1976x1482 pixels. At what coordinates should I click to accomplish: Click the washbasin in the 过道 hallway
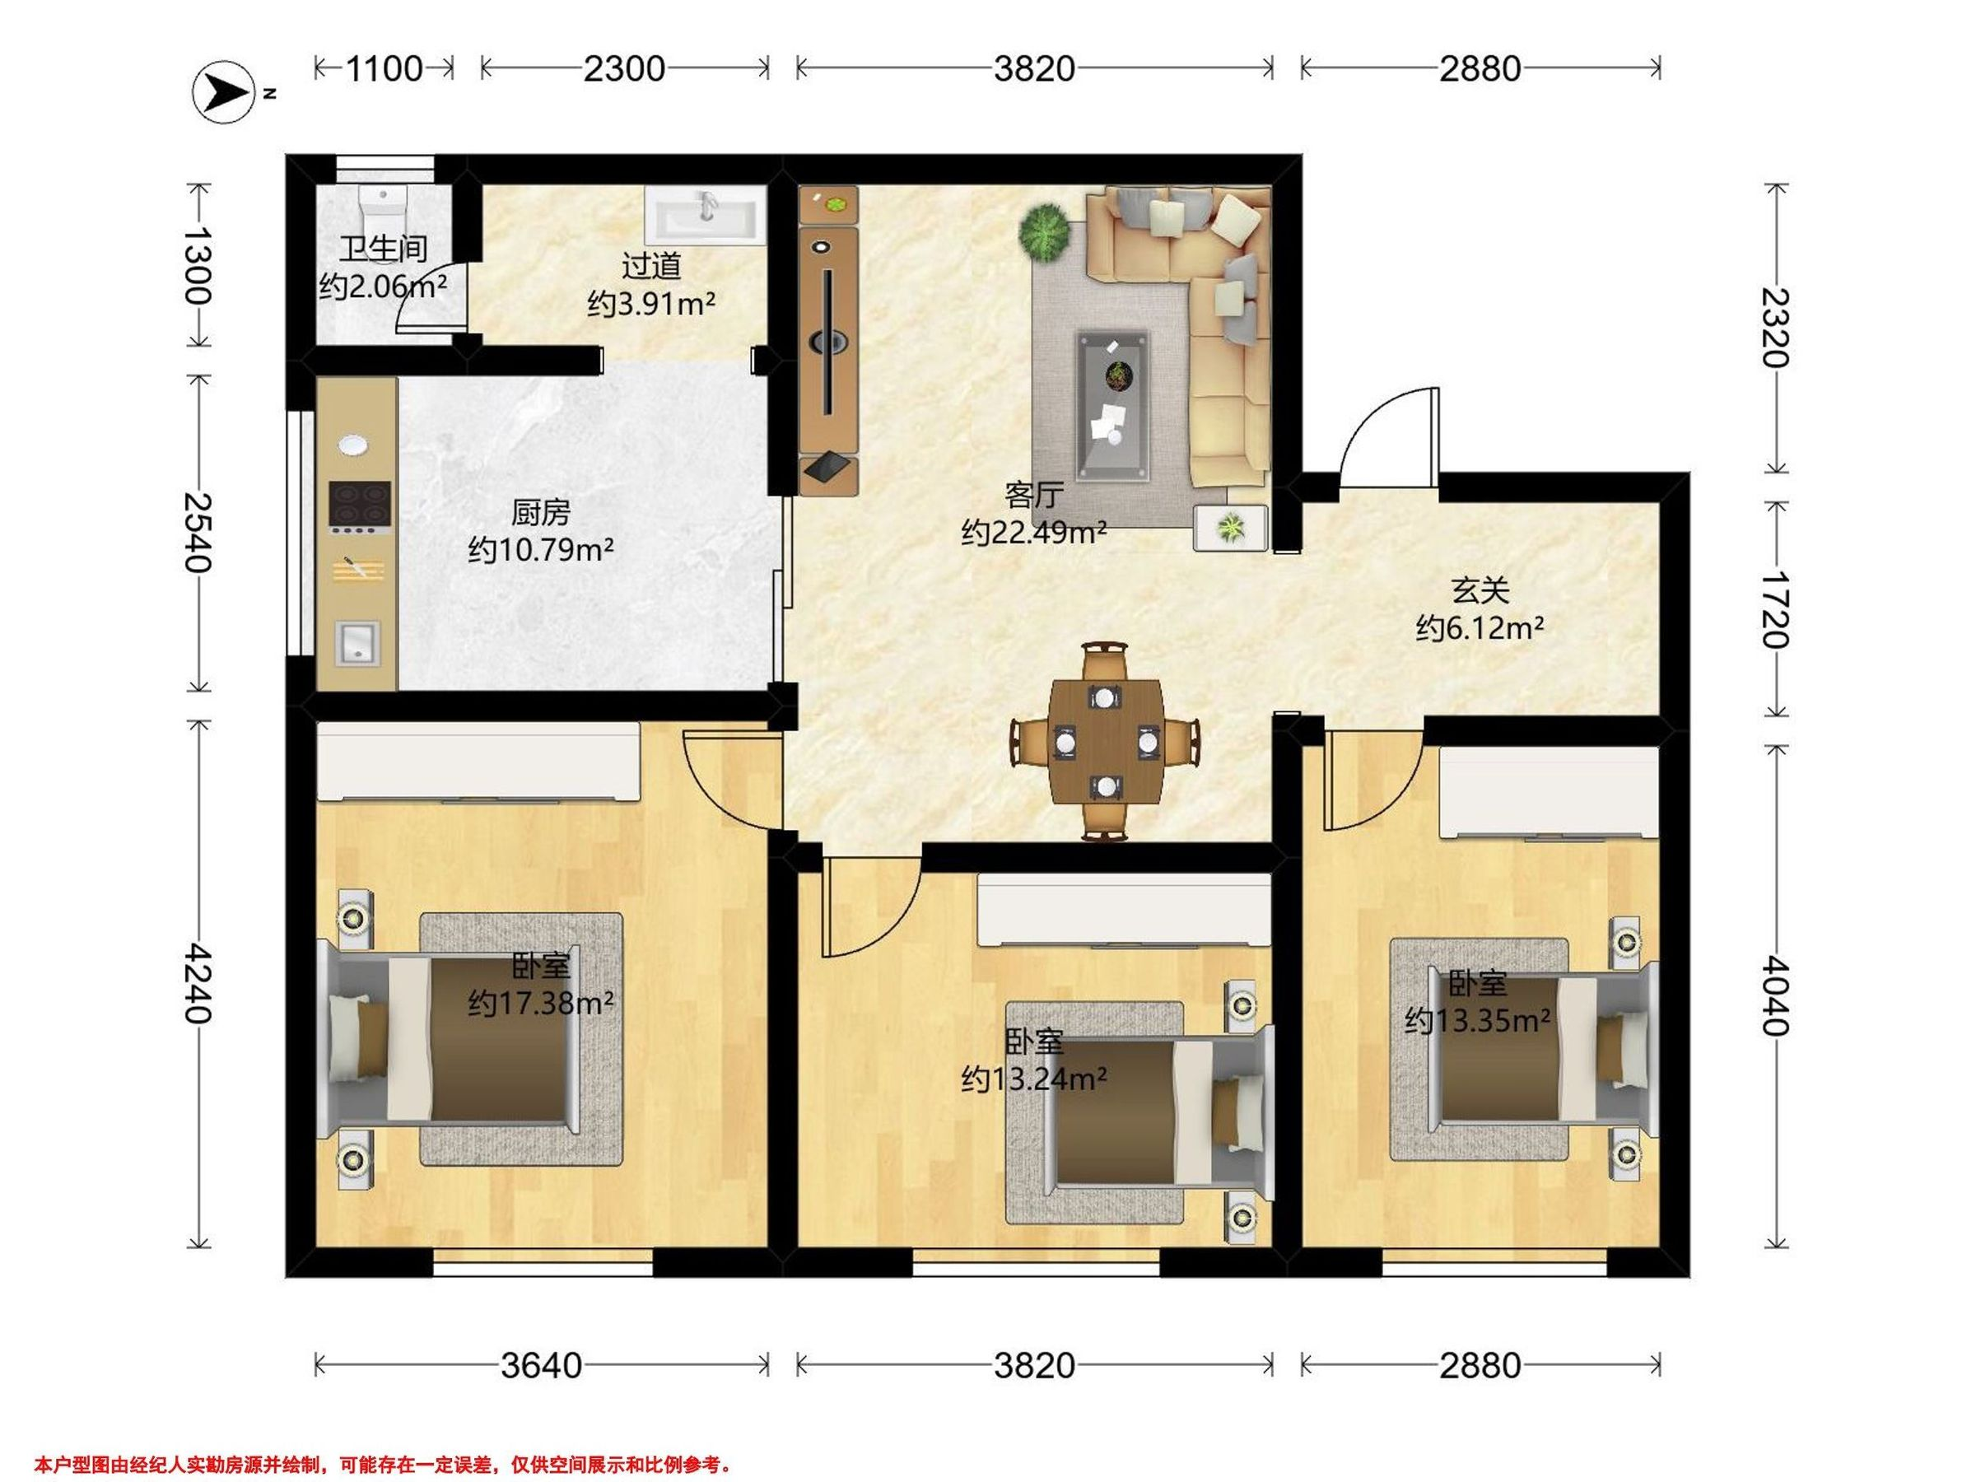coord(705,214)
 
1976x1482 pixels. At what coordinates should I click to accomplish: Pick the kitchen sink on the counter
coord(358,643)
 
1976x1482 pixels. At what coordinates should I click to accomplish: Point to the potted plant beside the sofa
coord(1043,233)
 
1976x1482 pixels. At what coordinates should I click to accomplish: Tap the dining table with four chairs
coord(1106,740)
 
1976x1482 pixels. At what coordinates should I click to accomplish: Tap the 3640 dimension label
coord(542,1365)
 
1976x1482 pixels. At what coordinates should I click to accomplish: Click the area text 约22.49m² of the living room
coord(1034,533)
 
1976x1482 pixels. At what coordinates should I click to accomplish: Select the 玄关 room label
coord(1480,590)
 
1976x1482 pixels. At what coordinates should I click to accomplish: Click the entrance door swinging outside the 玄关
coord(1390,438)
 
